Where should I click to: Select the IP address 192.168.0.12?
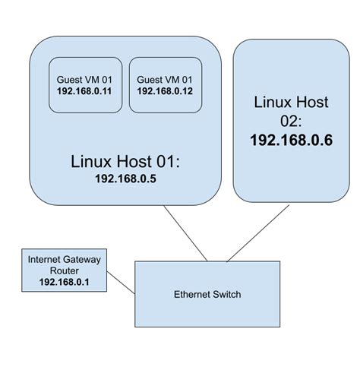pos(164,91)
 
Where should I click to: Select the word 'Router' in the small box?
pos(64,270)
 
